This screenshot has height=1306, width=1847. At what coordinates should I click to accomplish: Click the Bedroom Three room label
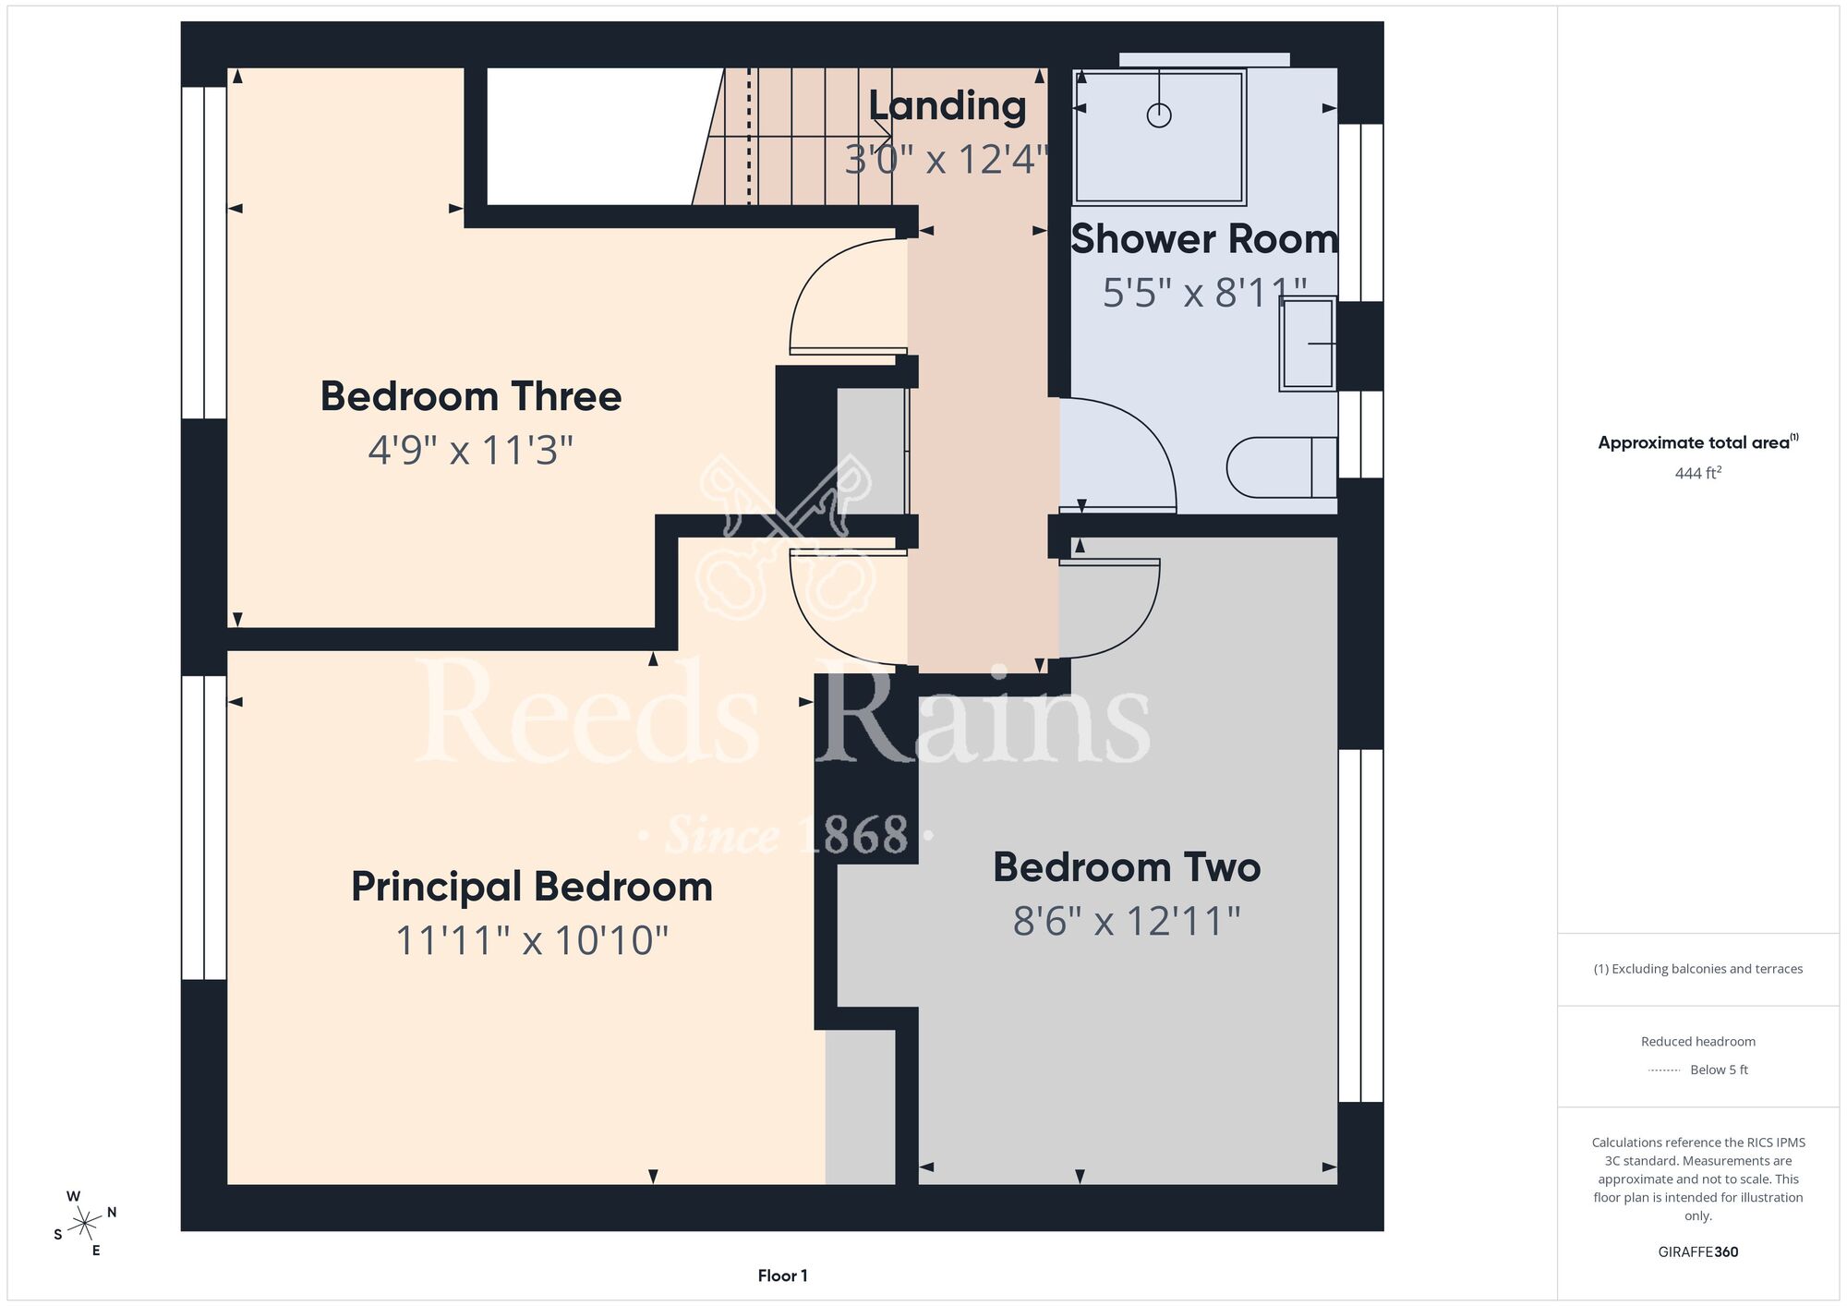[x=471, y=396]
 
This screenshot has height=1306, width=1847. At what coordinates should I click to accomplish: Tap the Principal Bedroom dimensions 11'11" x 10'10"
[x=532, y=941]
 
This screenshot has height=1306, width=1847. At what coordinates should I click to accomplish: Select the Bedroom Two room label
[x=1127, y=867]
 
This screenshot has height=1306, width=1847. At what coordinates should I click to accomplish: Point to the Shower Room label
[x=1204, y=239]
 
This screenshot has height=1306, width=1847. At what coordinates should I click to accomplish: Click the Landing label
[x=948, y=105]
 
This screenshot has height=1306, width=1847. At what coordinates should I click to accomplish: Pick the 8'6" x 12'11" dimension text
[x=1127, y=921]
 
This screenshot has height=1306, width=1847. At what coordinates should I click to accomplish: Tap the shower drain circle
[x=1159, y=115]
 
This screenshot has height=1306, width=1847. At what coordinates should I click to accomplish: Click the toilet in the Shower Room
[x=1282, y=467]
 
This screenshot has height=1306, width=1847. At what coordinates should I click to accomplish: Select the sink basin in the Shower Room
[x=1308, y=344]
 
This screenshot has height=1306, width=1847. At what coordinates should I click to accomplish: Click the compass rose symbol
[x=85, y=1224]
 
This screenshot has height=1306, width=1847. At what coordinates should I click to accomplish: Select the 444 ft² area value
[x=1698, y=473]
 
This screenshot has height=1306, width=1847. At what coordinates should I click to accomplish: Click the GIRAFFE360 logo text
[x=1698, y=1252]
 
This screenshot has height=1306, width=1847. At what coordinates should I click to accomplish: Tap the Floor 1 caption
[x=782, y=1276]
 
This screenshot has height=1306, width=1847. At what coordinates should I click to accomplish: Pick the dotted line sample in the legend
[x=1664, y=1070]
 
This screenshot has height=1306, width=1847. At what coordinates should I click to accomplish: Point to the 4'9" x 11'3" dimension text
[x=471, y=451]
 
